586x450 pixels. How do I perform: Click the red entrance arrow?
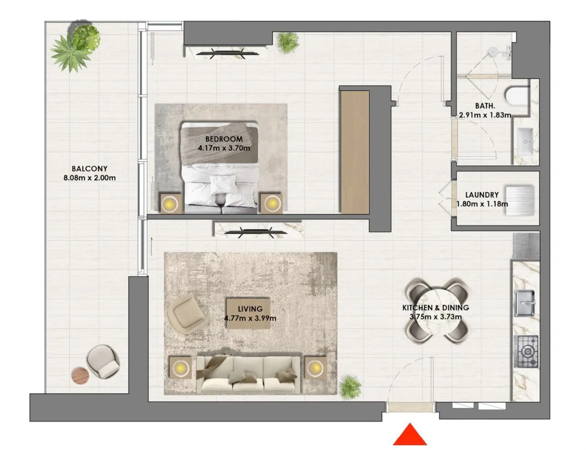pyautogui.click(x=410, y=436)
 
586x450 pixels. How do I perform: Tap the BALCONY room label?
pyautogui.click(x=89, y=169)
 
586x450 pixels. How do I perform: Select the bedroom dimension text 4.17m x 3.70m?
pyautogui.click(x=224, y=148)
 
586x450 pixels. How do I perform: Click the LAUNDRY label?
pyautogui.click(x=482, y=195)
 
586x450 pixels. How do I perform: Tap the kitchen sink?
pyautogui.click(x=525, y=302)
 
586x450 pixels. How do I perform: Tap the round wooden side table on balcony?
pyautogui.click(x=81, y=375)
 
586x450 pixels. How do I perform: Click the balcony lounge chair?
pyautogui.click(x=103, y=361)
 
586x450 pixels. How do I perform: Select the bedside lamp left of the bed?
pyautogui.click(x=171, y=203)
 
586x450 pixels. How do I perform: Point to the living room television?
pyautogui.click(x=256, y=232)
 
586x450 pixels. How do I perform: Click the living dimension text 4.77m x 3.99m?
pyautogui.click(x=250, y=318)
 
